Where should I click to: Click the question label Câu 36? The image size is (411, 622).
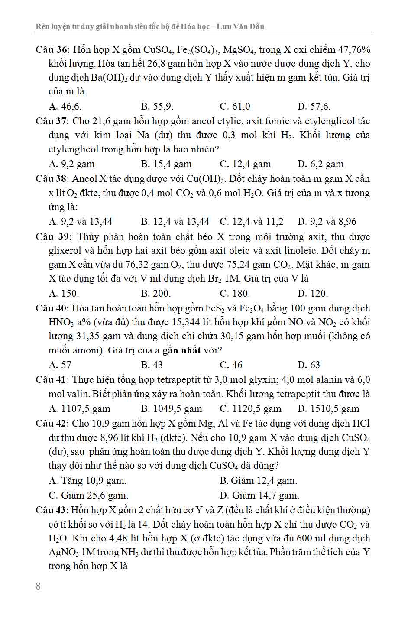click(51, 50)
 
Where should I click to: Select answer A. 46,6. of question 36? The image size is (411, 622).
click(65, 107)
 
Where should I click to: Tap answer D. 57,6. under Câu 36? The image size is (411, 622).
click(314, 107)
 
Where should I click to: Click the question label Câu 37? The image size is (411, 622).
click(51, 121)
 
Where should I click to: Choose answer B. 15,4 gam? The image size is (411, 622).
click(166, 164)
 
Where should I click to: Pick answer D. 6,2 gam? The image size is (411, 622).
click(320, 164)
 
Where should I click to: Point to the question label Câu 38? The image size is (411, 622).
click(51, 179)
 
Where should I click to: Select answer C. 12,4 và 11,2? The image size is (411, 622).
click(252, 222)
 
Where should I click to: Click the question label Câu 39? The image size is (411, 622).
click(51, 237)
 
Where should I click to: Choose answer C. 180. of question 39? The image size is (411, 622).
click(235, 293)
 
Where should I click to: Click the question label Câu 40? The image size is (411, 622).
click(51, 308)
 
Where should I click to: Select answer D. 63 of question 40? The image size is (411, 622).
click(309, 365)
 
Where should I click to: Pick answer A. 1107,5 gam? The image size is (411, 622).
click(80, 408)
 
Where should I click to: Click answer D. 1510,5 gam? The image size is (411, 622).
click(328, 408)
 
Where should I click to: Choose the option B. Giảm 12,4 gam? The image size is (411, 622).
click(259, 481)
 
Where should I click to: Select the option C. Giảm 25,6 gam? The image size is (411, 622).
click(88, 495)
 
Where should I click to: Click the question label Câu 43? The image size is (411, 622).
click(51, 510)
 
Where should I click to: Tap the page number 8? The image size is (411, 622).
click(38, 586)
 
